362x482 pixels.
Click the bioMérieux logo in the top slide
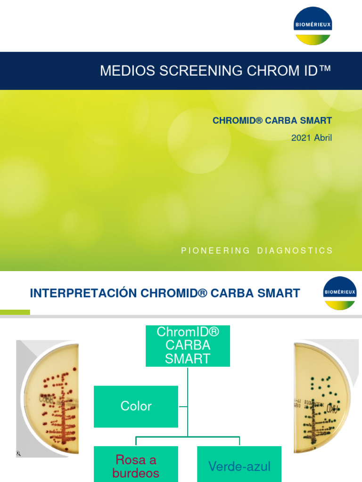point(313,26)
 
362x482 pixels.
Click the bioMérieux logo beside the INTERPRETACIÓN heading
point(339,293)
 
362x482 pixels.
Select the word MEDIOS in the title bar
point(126,71)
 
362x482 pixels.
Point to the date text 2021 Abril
point(312,138)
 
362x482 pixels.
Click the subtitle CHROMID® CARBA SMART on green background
point(272,120)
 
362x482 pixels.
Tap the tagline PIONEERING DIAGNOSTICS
point(257,250)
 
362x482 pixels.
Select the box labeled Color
point(136,406)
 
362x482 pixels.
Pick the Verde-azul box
point(239,466)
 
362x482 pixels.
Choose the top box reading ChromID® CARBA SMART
point(188,345)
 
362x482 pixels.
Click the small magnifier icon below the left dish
point(18,453)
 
